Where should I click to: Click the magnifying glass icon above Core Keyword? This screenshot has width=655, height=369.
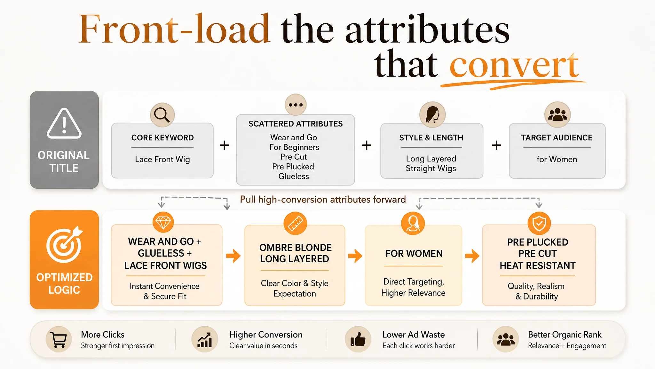tap(162, 115)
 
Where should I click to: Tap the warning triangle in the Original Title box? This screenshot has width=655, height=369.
tap(64, 123)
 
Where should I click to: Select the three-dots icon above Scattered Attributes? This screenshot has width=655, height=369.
tap(296, 105)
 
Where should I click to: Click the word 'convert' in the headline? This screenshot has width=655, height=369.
tap(514, 65)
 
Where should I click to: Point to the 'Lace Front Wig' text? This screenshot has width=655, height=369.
tap(162, 159)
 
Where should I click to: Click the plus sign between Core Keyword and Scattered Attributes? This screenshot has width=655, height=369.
tap(225, 145)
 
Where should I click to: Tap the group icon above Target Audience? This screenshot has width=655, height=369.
tap(557, 114)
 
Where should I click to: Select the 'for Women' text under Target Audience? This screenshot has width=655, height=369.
tap(557, 159)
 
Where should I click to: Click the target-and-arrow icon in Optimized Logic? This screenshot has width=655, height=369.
tap(64, 245)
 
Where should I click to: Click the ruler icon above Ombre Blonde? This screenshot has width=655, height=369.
tap(295, 223)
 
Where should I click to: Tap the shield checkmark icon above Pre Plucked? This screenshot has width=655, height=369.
tap(539, 223)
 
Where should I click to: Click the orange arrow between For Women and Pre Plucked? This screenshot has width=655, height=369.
tap(472, 256)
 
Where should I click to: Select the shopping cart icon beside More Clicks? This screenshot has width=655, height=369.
tap(59, 340)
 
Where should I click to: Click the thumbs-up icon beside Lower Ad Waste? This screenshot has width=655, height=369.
tap(358, 340)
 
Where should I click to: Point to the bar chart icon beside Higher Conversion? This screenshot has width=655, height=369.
tap(205, 340)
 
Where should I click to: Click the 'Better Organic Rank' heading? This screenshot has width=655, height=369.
tap(565, 335)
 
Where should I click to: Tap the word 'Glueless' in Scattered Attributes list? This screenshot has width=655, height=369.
tap(294, 176)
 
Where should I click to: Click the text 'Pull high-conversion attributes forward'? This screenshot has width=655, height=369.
tap(323, 200)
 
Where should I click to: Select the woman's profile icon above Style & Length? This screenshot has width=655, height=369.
tap(432, 115)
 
